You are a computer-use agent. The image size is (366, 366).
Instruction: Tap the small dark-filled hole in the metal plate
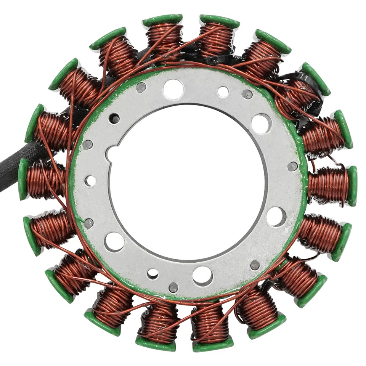point(114,119)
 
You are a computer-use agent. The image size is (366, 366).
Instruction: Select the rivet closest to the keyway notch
point(87,144)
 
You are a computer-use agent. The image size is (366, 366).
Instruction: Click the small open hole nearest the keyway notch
point(90,181)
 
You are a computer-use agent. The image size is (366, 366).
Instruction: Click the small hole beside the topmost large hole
point(223,91)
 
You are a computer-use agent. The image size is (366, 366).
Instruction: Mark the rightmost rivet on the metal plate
point(292,166)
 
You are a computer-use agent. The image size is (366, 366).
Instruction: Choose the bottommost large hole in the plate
point(202,276)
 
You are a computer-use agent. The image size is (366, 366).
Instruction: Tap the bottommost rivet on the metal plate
point(173,287)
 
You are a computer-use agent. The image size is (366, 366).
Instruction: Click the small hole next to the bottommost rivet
point(153,274)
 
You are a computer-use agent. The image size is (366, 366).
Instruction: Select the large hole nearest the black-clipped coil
point(262,123)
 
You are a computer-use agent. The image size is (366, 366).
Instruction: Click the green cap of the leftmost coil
point(23,179)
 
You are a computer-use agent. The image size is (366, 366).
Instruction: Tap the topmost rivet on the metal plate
point(141,88)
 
